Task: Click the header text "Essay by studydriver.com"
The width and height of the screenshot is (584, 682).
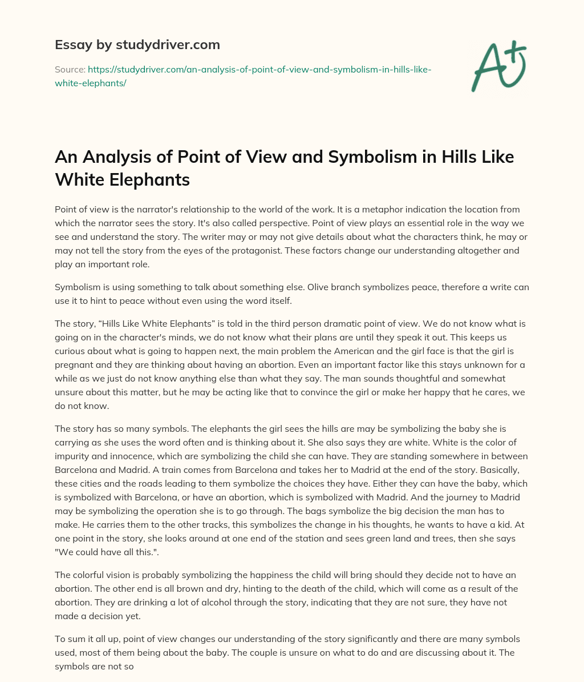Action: tap(137, 44)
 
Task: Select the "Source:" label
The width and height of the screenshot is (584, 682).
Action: tap(70, 69)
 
